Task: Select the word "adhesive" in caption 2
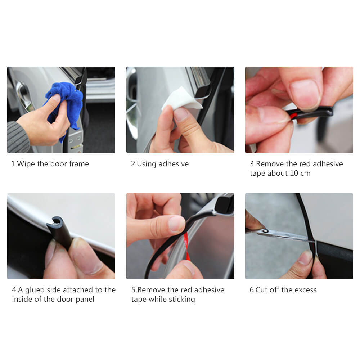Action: (x=174, y=164)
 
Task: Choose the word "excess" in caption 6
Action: (x=305, y=290)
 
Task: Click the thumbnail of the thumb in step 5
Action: (x=176, y=224)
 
